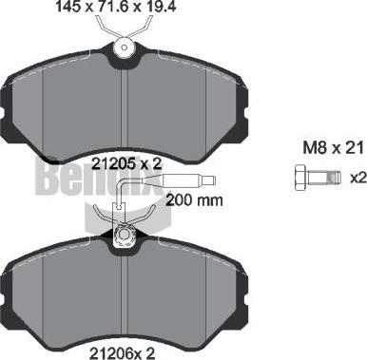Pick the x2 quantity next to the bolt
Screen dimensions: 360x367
tap(357, 179)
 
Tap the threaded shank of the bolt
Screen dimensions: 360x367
tap(325, 178)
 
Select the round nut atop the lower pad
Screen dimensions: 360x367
tap(121, 235)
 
